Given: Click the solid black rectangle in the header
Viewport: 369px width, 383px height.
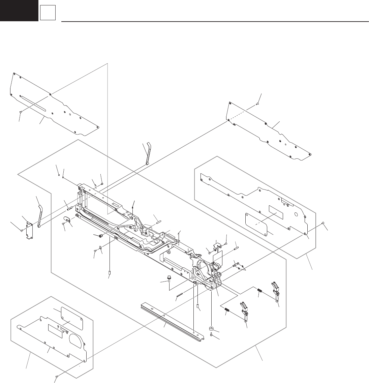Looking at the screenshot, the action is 19,10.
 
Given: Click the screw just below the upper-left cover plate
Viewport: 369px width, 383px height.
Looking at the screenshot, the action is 21,111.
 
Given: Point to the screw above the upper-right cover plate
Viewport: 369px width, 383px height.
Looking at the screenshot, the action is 258,104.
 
